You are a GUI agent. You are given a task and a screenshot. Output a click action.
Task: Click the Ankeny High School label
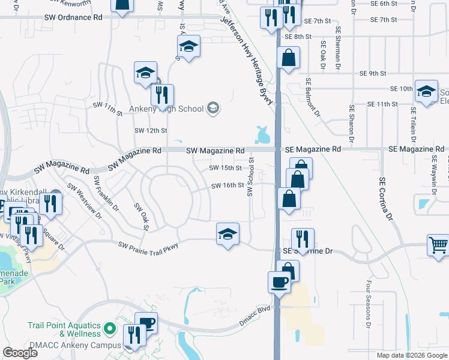(x=176, y=108)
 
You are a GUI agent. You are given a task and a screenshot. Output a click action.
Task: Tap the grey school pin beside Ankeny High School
(x=212, y=108)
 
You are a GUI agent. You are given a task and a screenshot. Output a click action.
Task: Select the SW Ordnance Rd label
(x=73, y=17)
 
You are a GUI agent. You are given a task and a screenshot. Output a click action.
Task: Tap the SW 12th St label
(x=150, y=130)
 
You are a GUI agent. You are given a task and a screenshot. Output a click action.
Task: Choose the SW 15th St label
(x=225, y=168)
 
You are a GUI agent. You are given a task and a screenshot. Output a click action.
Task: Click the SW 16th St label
(x=227, y=185)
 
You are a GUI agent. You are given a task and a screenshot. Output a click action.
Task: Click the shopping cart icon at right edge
(x=438, y=245)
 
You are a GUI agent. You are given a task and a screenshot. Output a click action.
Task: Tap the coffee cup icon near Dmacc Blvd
(x=279, y=281)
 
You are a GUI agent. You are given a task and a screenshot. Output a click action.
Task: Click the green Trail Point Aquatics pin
(x=109, y=328)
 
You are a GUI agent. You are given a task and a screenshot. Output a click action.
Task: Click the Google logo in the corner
(x=20, y=353)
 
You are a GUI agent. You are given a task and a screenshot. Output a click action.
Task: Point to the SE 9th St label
(x=372, y=73)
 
